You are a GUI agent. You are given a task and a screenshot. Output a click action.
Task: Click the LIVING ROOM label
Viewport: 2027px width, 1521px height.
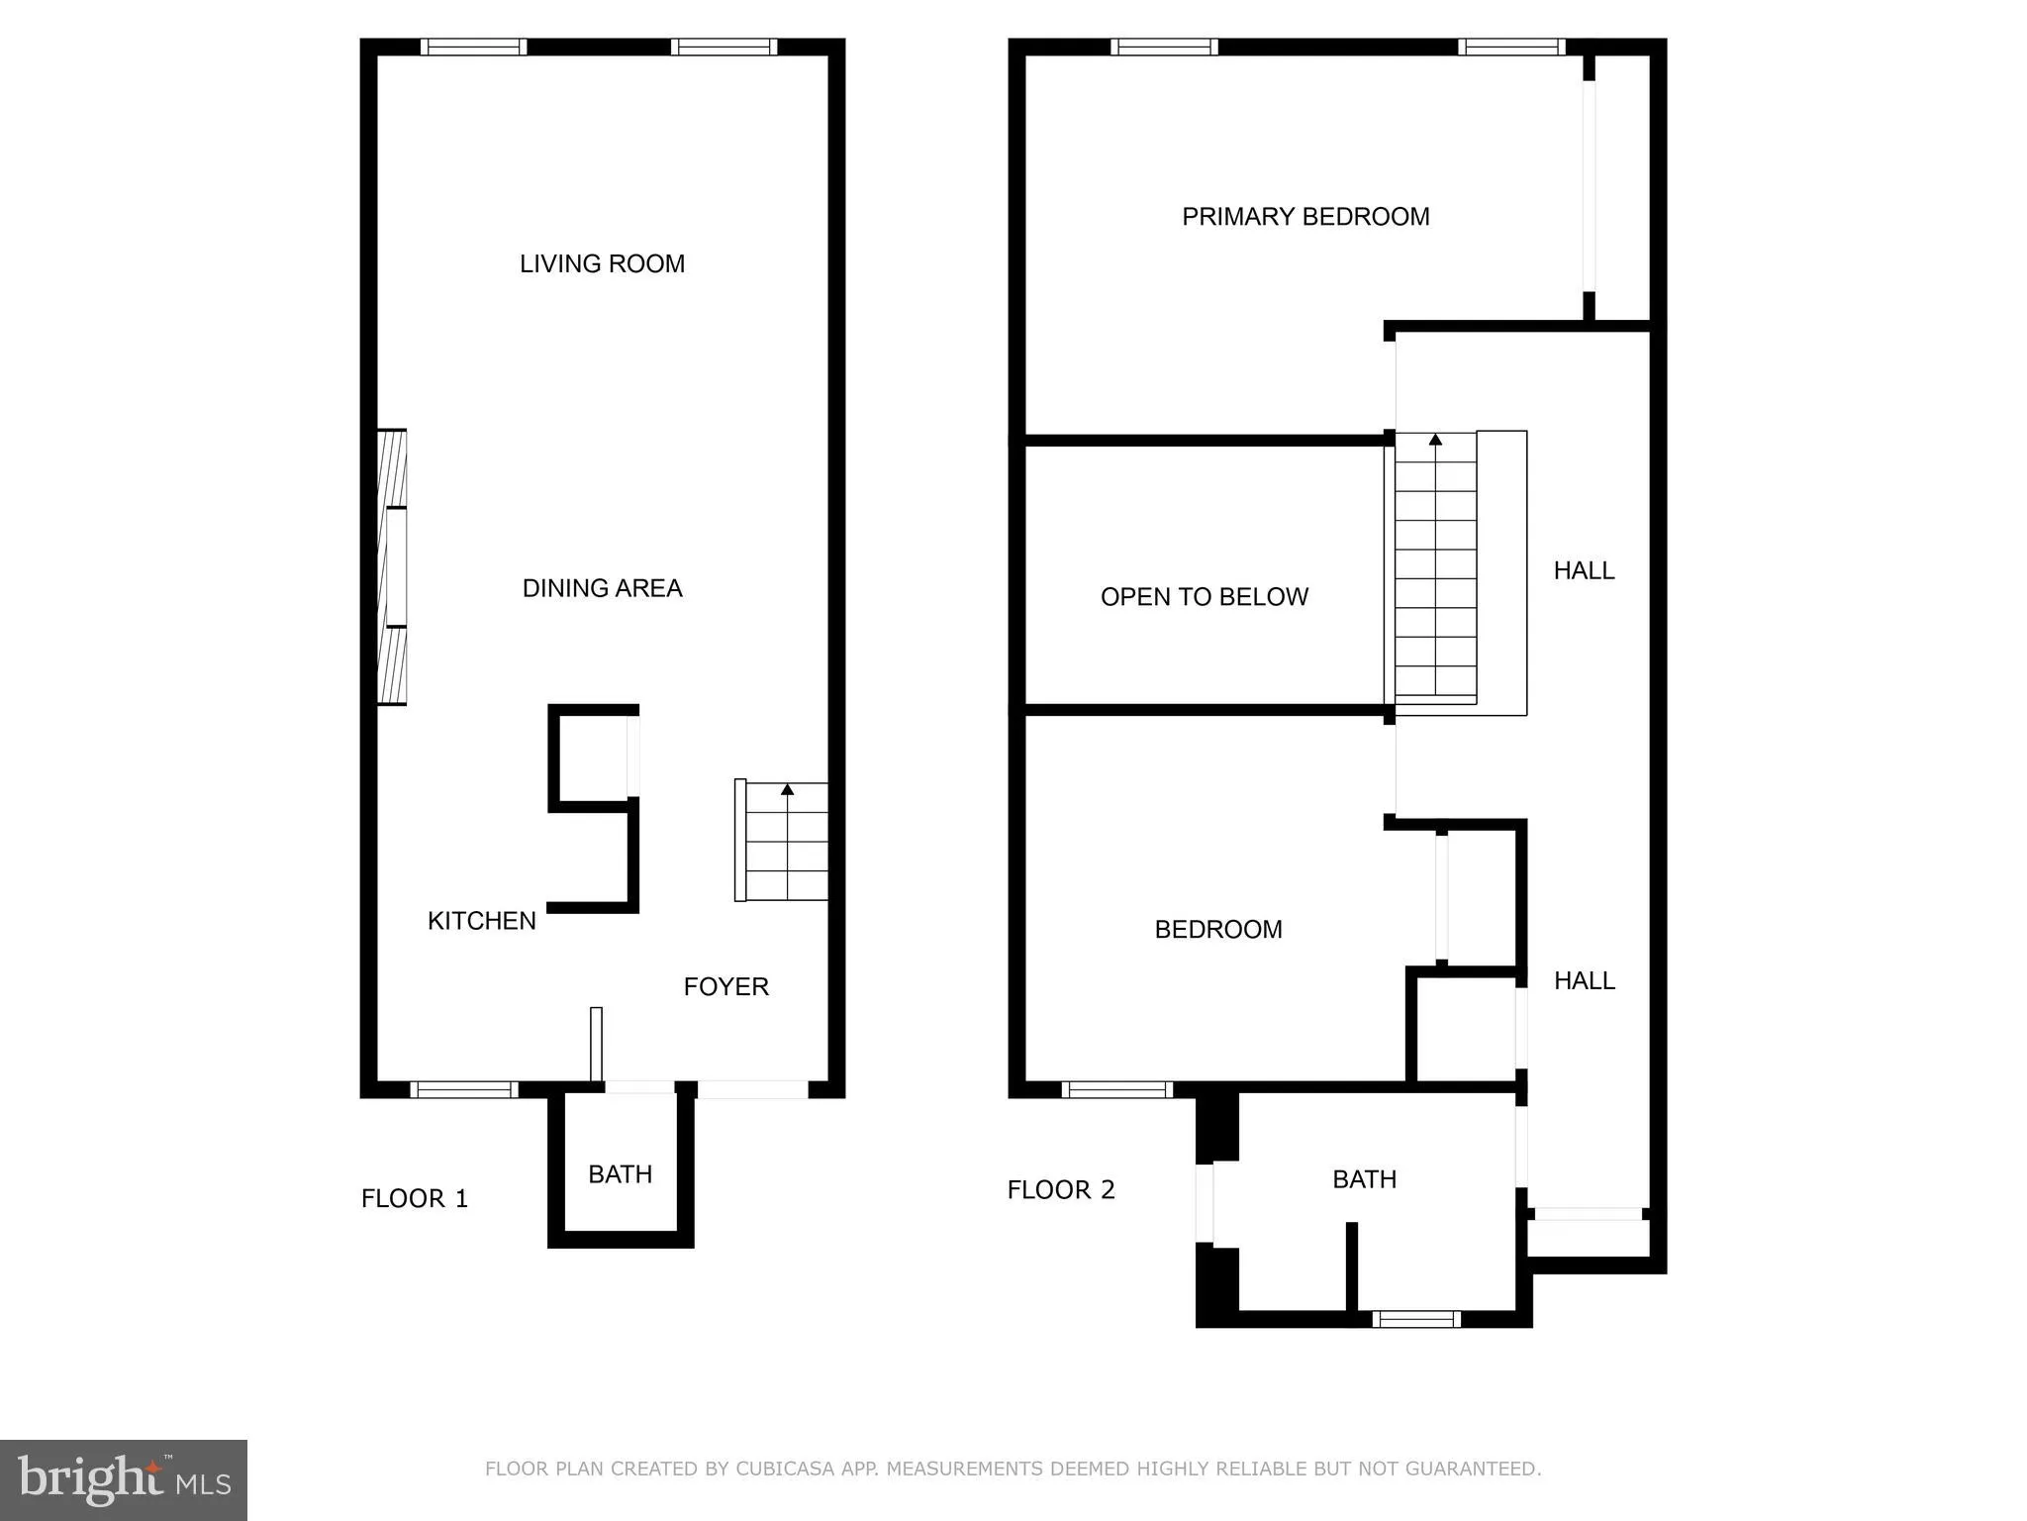(x=602, y=264)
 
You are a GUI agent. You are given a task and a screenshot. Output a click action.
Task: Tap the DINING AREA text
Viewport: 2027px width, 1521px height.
(x=602, y=588)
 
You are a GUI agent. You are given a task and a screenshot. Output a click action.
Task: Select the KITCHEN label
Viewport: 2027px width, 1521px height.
(x=482, y=921)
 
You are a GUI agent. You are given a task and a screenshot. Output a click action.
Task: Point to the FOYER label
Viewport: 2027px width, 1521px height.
(x=725, y=986)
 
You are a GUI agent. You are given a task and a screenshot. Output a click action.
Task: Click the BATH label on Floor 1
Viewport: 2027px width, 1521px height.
(x=620, y=1174)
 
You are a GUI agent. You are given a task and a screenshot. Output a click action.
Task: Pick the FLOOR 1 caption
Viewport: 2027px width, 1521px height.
(x=414, y=1199)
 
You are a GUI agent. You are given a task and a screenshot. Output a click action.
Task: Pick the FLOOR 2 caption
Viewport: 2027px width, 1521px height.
(x=1061, y=1190)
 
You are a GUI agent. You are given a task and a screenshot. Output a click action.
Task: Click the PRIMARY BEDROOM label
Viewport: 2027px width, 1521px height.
(x=1305, y=217)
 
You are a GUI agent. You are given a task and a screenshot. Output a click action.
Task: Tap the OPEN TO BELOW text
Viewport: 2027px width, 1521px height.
(x=1205, y=597)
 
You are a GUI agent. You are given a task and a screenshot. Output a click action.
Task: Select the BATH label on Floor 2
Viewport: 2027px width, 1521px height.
(x=1364, y=1179)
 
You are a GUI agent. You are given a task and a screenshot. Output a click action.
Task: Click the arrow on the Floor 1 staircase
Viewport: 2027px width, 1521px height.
(x=787, y=790)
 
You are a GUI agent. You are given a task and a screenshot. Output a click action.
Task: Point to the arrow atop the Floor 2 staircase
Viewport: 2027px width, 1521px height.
(x=1435, y=440)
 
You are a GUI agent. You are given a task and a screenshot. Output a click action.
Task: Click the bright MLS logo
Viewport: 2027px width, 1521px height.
(x=124, y=1480)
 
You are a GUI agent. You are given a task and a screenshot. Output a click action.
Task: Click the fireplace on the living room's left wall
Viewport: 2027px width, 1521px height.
(x=393, y=567)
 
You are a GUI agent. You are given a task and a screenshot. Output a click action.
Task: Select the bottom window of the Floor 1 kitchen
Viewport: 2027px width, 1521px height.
(x=464, y=1090)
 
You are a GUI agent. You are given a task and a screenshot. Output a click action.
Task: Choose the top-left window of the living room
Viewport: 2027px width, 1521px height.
(x=473, y=47)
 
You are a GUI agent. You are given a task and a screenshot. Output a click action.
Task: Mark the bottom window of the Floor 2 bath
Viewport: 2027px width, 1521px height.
(x=1416, y=1319)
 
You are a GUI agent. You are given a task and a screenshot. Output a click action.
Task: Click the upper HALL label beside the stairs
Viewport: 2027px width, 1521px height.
(x=1584, y=570)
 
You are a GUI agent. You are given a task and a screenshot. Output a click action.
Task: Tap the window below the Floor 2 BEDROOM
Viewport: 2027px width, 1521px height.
(x=1116, y=1090)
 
